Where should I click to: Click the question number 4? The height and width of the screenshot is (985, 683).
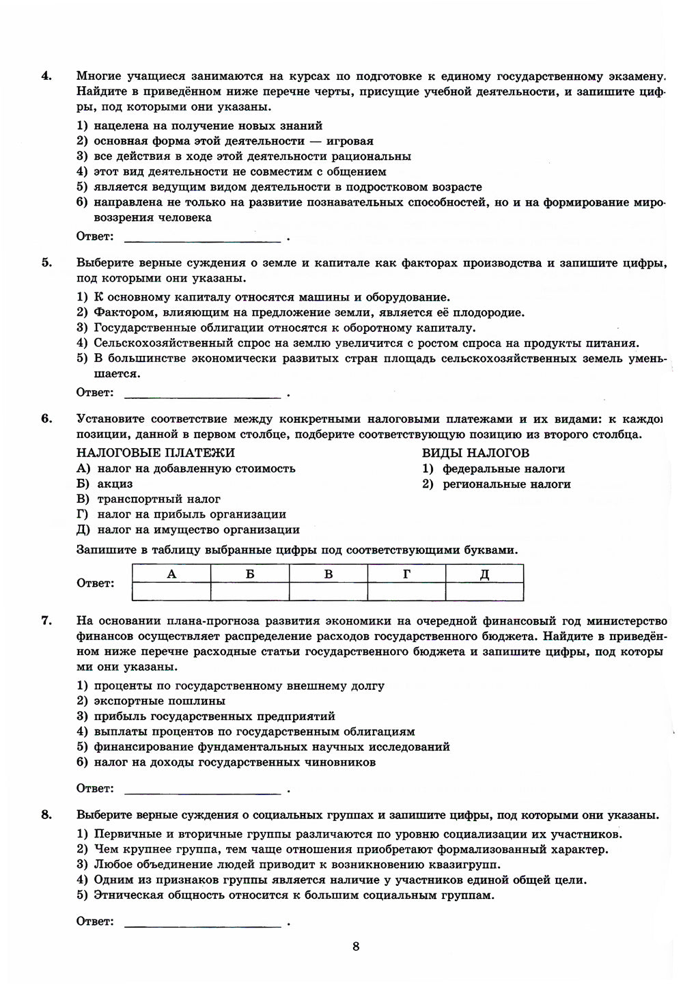[x=46, y=76]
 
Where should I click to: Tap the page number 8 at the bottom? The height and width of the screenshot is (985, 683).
[x=356, y=946]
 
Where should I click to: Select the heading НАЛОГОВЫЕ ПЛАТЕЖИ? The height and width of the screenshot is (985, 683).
[x=156, y=453]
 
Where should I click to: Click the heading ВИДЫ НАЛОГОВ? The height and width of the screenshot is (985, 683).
[x=475, y=453]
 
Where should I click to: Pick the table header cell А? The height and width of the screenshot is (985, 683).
[x=171, y=574]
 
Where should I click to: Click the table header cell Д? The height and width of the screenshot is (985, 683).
[x=484, y=574]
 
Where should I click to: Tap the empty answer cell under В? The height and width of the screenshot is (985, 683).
[x=328, y=592]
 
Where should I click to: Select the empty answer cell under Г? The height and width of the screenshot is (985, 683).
[x=406, y=592]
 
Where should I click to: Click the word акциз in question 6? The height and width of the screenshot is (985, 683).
[x=115, y=484]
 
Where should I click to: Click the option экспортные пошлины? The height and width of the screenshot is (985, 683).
[x=159, y=701]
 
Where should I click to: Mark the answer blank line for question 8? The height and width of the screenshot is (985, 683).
[x=203, y=926]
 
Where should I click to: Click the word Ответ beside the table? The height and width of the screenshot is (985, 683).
[x=95, y=583]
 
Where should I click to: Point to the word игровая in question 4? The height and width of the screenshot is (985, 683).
[x=350, y=141]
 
